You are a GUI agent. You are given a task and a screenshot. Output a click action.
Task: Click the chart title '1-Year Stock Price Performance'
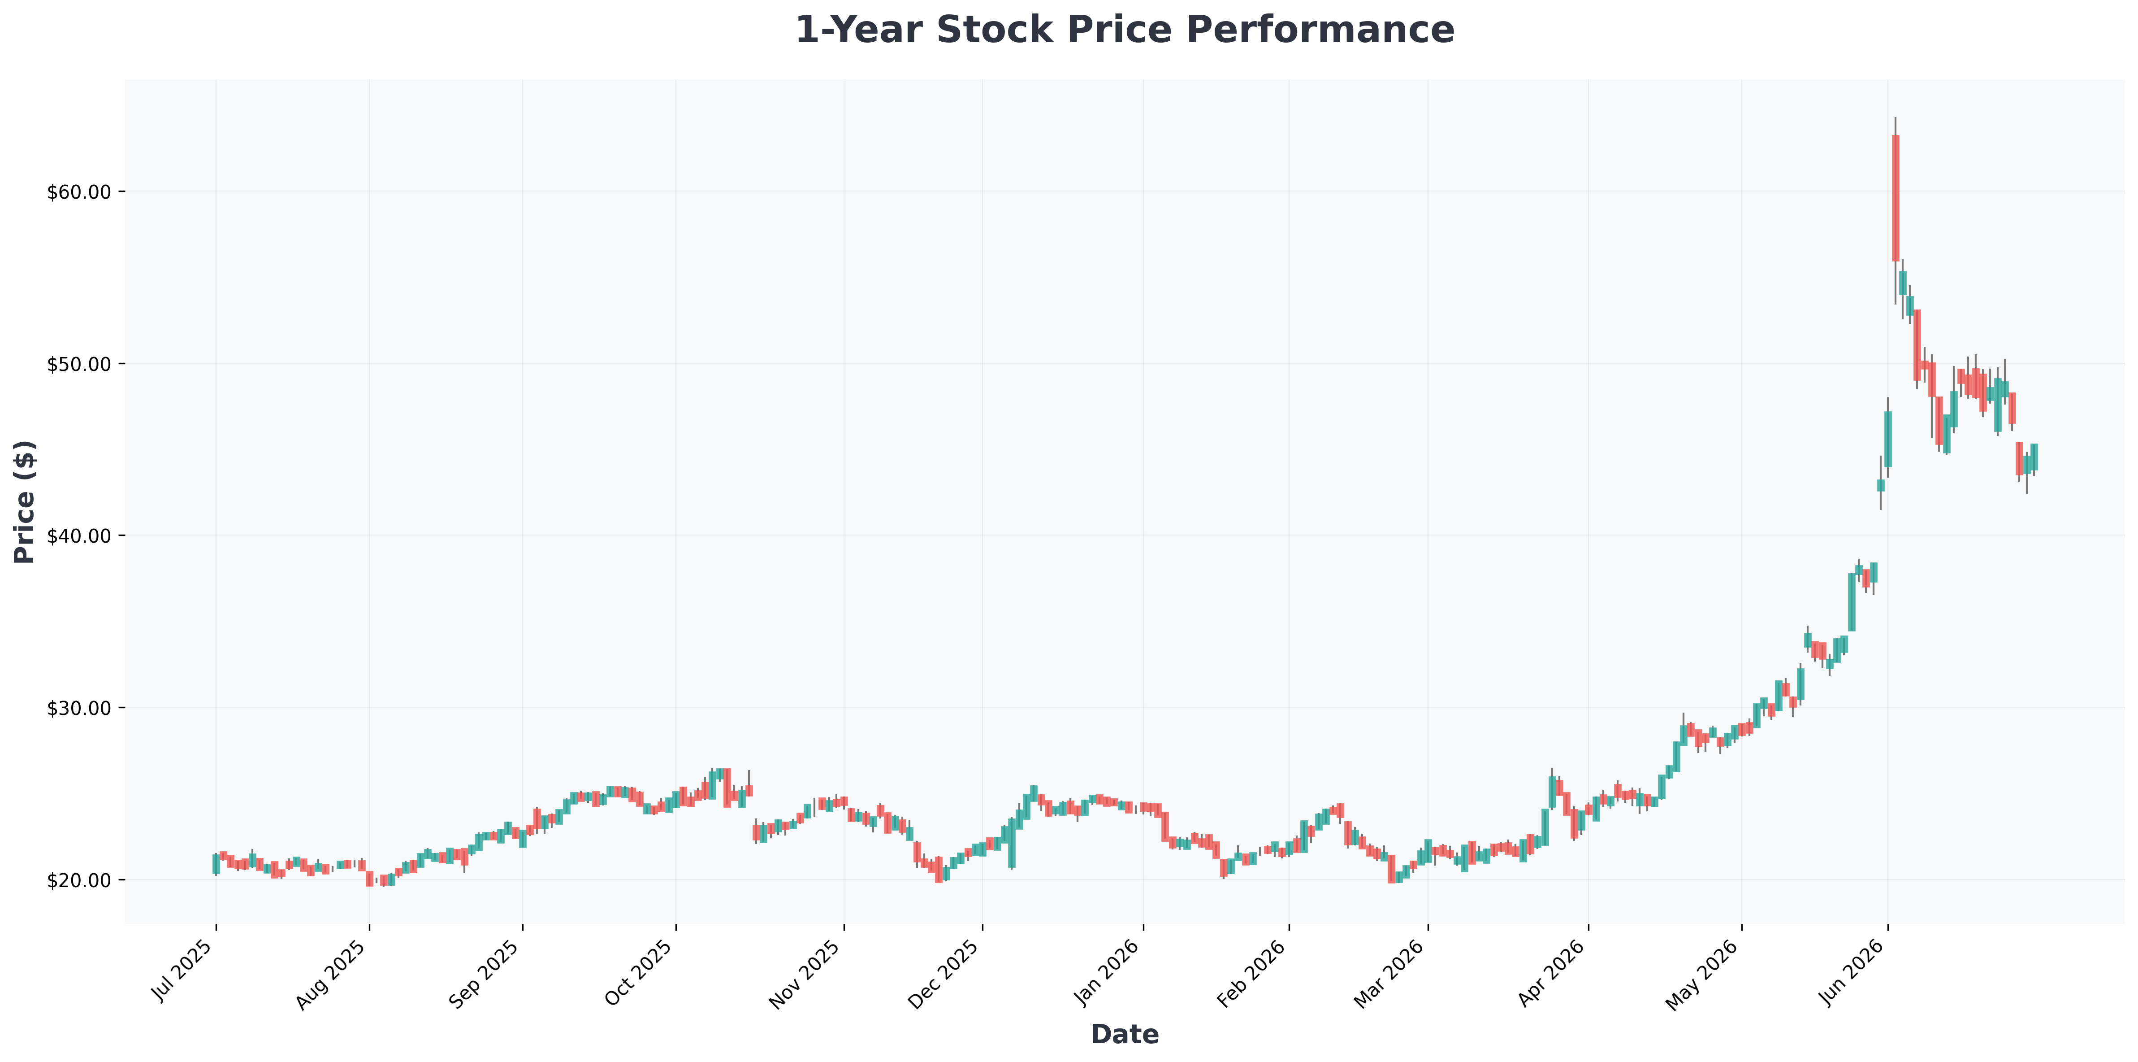click(1125, 30)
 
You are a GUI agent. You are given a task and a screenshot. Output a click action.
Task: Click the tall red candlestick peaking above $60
click(1896, 198)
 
